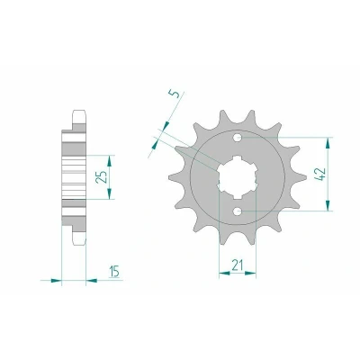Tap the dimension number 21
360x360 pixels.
coord(237,265)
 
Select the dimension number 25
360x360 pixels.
coord(102,177)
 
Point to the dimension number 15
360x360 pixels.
coord(114,272)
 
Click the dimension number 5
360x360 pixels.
coord(177,94)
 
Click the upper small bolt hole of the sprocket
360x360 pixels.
coord(238,138)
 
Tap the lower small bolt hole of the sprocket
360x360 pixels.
coord(238,211)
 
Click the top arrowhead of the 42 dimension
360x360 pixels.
coord(328,144)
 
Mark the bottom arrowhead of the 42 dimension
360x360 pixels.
coord(328,204)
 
